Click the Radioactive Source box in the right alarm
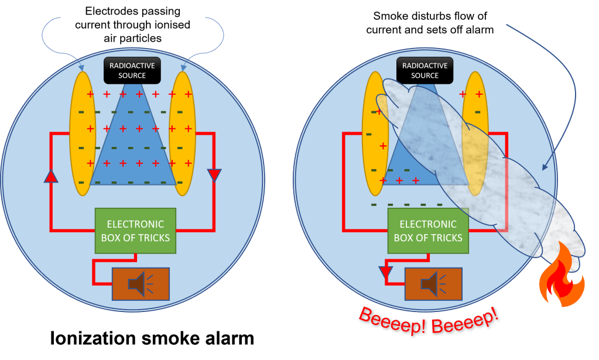pos(425,71)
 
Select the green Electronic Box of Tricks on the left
pos(135,231)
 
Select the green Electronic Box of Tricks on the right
pos(428,231)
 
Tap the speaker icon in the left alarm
pos(141,284)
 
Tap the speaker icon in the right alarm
pos(433,284)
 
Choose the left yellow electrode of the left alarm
pos(83,133)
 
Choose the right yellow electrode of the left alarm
pos(182,133)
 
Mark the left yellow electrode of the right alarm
pos(375,133)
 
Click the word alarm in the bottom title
pos(225,338)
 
